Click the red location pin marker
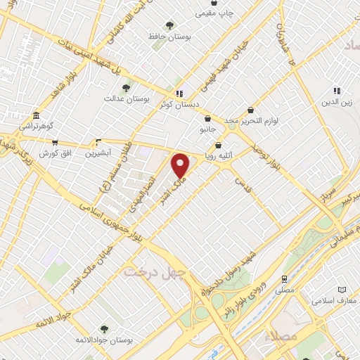(181, 165)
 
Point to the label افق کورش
(53, 153)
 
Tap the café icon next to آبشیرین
(98, 141)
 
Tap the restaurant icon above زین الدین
(337, 91)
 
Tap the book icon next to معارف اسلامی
(342, 290)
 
